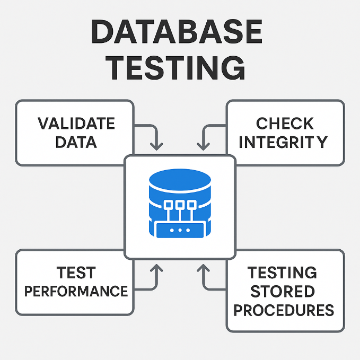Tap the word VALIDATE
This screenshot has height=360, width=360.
[x=76, y=124]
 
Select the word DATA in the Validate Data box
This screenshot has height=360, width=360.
[x=76, y=142]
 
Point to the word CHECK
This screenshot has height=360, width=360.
[x=285, y=124]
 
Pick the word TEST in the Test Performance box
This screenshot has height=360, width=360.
[x=76, y=273]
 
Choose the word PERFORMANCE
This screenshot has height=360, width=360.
[x=76, y=291]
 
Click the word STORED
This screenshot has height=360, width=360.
[x=283, y=291]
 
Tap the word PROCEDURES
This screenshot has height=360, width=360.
[x=284, y=310]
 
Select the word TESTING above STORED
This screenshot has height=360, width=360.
[x=283, y=273]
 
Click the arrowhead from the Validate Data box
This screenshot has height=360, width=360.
[x=156, y=145]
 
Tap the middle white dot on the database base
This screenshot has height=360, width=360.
[x=180, y=230]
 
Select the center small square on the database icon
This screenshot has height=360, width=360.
[x=180, y=204]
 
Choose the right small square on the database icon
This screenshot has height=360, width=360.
[x=192, y=204]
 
